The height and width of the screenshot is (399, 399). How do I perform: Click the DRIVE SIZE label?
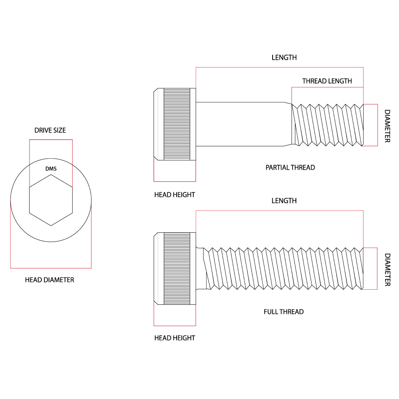tap(50, 130)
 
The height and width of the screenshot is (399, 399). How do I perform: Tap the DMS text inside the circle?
tap(51, 169)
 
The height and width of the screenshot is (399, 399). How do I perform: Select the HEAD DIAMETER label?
tap(50, 280)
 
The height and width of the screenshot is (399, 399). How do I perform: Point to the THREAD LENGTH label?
tap(327, 81)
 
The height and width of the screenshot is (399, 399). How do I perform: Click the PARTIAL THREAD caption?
tap(290, 168)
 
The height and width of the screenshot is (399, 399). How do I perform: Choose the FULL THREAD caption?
tap(283, 312)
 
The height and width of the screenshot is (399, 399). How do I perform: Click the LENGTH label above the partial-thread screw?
tap(284, 58)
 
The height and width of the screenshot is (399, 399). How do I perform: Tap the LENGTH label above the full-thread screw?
tap(284, 201)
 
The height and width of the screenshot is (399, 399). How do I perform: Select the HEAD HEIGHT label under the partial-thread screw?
tap(174, 195)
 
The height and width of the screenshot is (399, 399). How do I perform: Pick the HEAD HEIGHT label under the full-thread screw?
tap(174, 338)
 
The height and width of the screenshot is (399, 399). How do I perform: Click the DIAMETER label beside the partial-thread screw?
tap(387, 126)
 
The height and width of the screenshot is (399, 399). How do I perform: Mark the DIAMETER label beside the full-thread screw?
tap(387, 269)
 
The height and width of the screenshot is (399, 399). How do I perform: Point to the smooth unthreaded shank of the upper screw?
tap(240, 124)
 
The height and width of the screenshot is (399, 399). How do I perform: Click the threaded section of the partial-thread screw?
tap(327, 125)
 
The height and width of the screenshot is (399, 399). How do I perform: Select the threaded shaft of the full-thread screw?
tap(283, 269)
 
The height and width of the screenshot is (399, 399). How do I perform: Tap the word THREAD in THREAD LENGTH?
tap(314, 81)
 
